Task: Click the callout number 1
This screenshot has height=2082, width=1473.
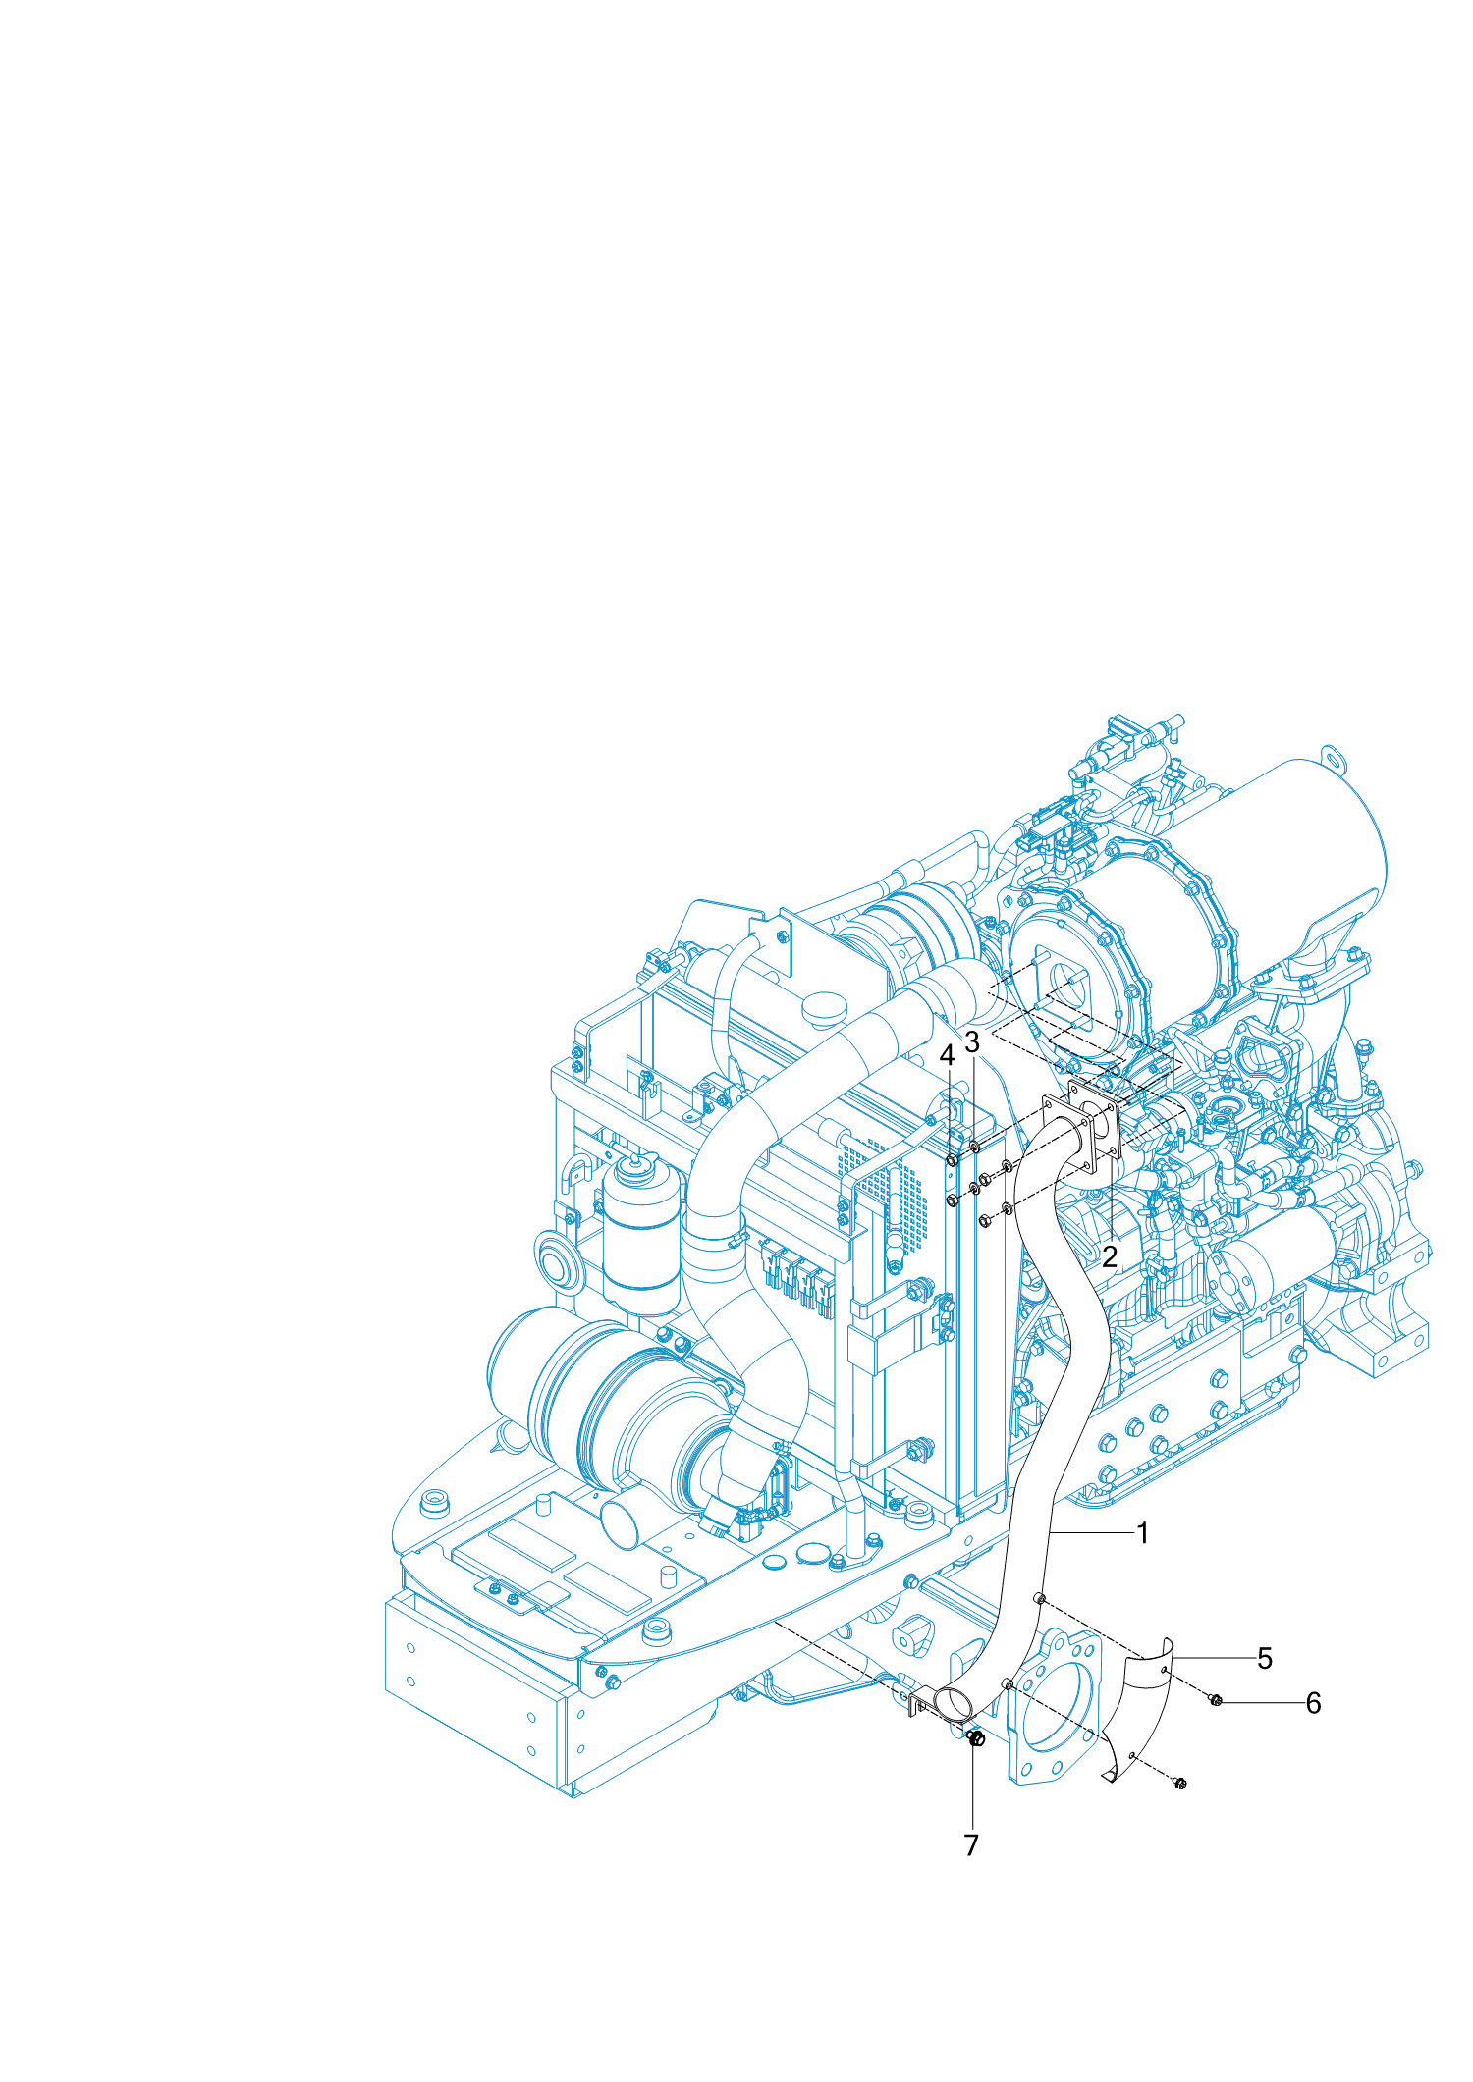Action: [1142, 1533]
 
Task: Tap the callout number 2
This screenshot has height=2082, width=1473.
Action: [1110, 1257]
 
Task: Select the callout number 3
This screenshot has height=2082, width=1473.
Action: [972, 1041]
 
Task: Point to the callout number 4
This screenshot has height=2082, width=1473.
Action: [947, 1056]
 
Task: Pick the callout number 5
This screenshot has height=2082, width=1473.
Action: [1265, 1659]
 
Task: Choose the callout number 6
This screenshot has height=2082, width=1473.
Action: [1313, 1703]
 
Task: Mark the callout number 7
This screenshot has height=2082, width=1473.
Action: [971, 1845]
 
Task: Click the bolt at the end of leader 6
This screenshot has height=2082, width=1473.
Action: [1216, 1700]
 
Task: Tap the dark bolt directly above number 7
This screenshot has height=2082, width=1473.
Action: [975, 1739]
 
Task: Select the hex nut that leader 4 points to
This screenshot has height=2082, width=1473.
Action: [952, 1162]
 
